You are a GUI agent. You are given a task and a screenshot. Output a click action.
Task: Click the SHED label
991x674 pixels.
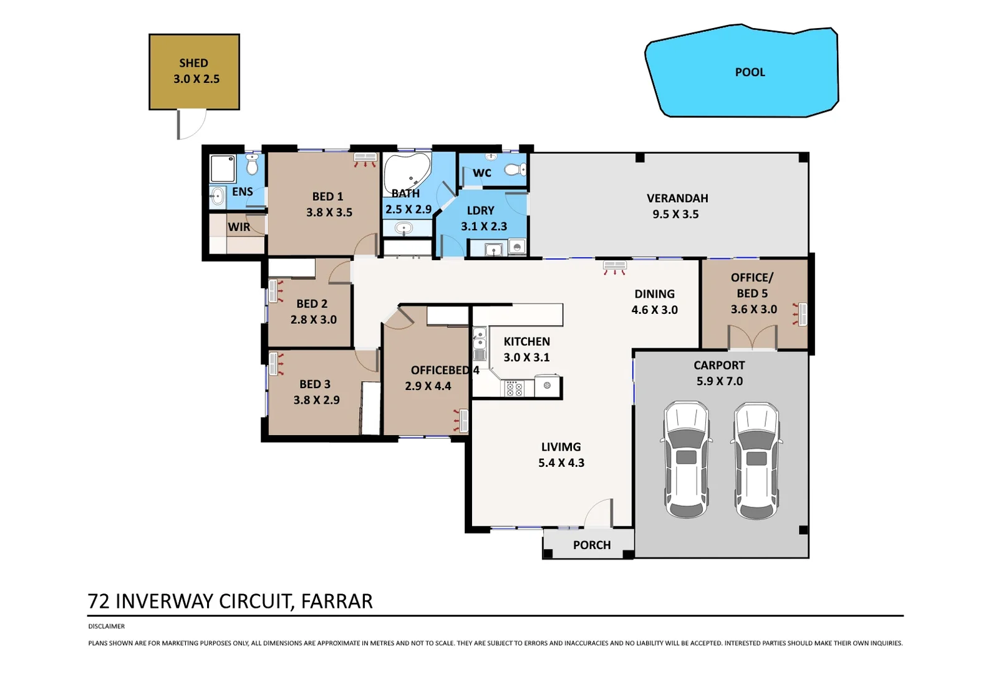[x=193, y=63]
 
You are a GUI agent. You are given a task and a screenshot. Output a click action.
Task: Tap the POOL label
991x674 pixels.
[x=750, y=72]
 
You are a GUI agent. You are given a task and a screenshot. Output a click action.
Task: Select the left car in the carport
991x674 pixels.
[x=686, y=459]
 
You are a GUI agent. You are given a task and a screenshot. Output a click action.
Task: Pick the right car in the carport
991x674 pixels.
[x=756, y=461]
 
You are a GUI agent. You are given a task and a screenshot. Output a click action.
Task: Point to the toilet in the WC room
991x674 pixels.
[x=515, y=169]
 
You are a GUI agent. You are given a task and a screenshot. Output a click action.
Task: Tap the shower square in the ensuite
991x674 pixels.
[x=222, y=168]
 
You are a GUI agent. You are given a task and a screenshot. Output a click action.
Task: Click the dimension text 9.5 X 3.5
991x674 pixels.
[x=675, y=214]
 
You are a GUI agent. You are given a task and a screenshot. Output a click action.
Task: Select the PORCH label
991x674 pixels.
[x=591, y=545]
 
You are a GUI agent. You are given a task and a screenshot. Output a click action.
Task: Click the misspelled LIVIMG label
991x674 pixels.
[x=561, y=447]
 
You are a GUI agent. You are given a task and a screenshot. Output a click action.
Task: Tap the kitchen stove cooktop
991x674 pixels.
[x=515, y=388]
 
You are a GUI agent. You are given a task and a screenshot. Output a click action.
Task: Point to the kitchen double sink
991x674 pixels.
[x=480, y=340]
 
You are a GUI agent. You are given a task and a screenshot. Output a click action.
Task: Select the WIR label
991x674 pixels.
[x=239, y=227]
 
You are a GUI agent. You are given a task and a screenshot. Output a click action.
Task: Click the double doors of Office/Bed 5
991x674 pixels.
[x=753, y=338]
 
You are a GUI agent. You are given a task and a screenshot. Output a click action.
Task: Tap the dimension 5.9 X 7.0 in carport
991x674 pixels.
[x=719, y=381]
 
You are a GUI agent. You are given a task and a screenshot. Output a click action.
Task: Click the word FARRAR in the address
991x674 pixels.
[x=337, y=601]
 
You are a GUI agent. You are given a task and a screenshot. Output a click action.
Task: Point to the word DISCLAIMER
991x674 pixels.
[x=106, y=626]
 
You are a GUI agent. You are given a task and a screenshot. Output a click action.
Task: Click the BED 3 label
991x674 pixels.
[x=314, y=384]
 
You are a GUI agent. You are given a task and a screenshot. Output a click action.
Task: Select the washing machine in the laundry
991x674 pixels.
[x=517, y=248]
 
